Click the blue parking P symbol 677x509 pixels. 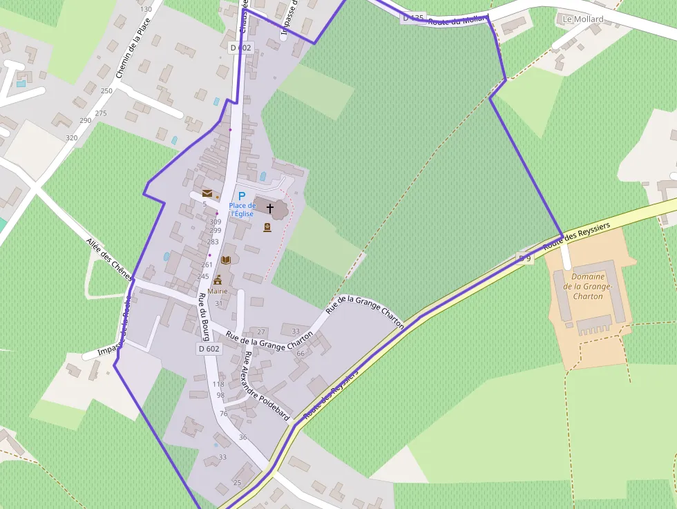click(242, 196)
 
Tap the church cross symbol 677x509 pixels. click(270, 208)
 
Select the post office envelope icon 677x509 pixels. click(207, 194)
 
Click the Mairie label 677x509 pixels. click(218, 291)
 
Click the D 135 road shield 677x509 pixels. click(413, 18)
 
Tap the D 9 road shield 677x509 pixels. click(526, 258)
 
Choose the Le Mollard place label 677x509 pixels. click(583, 19)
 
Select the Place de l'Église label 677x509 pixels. click(242, 210)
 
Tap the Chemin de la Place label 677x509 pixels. click(133, 47)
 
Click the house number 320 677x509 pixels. click(71, 138)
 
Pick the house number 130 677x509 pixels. click(146, 10)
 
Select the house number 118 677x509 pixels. click(218, 384)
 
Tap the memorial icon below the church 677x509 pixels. click(267, 227)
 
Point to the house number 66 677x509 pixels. click(300, 354)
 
